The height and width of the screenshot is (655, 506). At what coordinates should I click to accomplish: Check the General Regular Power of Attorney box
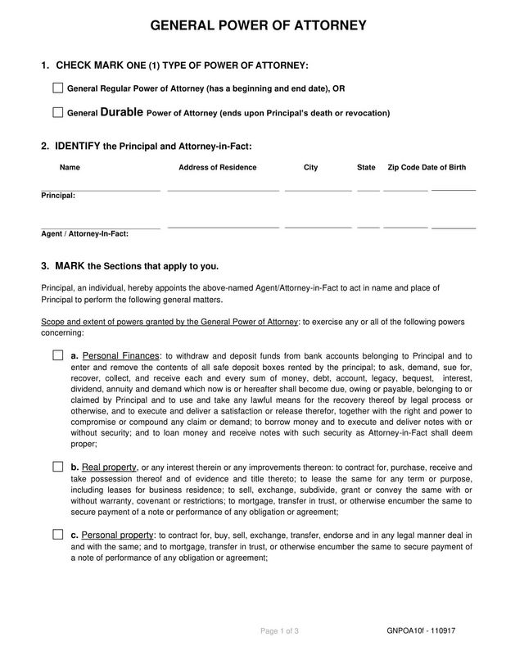coord(57,88)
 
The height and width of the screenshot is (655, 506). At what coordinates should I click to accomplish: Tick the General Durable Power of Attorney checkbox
coord(57,111)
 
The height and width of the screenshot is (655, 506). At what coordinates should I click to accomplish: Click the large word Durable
coord(124,111)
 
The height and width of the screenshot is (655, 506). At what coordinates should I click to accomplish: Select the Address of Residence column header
coord(217,167)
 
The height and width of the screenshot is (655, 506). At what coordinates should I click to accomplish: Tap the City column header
coord(310,167)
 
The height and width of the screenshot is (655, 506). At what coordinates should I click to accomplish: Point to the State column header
coord(366,167)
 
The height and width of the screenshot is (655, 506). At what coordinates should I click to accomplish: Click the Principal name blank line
coord(100,190)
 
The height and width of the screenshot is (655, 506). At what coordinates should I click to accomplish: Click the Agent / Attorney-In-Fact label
coord(84,233)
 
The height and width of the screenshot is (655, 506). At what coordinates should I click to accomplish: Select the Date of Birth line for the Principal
coord(453,189)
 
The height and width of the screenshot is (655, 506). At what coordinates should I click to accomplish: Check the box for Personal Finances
coord(57,355)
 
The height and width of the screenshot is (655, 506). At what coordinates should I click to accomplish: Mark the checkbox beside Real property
coord(57,466)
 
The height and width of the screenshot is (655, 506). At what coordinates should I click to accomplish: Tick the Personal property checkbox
coord(57,534)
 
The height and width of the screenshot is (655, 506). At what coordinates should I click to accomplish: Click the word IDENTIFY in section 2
coord(77,146)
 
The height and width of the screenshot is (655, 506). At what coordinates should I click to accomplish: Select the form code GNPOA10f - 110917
coord(422,630)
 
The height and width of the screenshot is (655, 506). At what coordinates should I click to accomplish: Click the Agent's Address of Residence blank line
coord(223,227)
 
